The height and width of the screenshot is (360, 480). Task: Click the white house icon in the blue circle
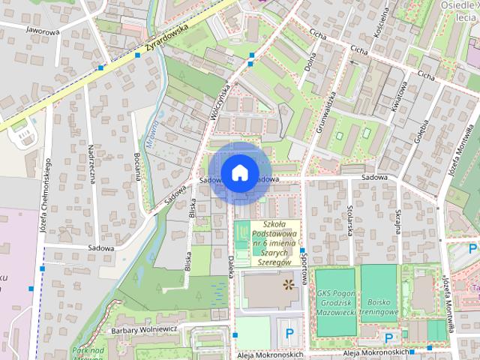coord(239,172)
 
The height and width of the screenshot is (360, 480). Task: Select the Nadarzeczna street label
coord(91,166)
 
